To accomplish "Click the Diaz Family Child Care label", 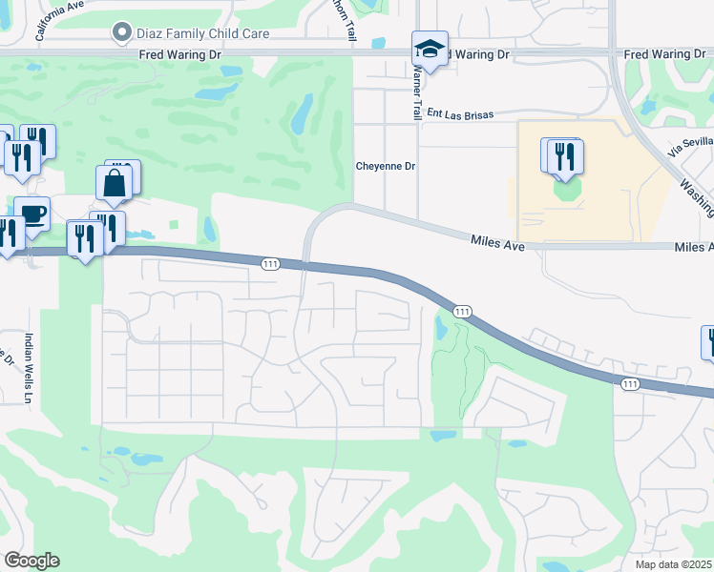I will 204,33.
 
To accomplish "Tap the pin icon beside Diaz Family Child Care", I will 122,33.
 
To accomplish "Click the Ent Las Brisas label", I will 460,114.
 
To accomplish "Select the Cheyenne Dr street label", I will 386,166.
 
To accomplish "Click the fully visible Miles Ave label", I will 498,245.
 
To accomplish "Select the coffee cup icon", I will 33,214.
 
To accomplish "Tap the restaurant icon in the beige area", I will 566,156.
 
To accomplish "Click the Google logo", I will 31,561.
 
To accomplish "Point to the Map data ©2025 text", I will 674,564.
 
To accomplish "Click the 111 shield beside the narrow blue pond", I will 462,312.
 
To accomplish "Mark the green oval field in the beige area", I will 566,189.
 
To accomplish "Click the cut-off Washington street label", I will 698,195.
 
